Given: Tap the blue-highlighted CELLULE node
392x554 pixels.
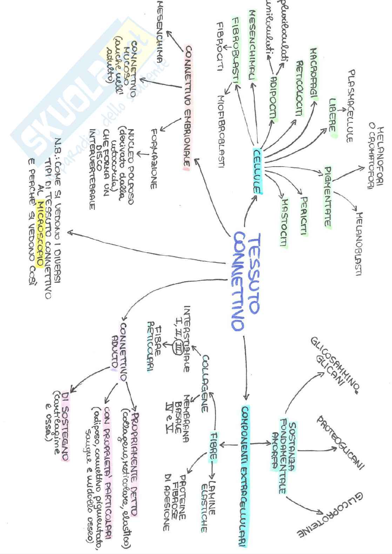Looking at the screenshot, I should pyautogui.click(x=258, y=171).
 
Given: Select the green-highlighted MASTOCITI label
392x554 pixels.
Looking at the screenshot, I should pyautogui.click(x=284, y=222).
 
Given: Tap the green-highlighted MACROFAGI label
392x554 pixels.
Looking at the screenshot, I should pyautogui.click(x=313, y=74).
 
